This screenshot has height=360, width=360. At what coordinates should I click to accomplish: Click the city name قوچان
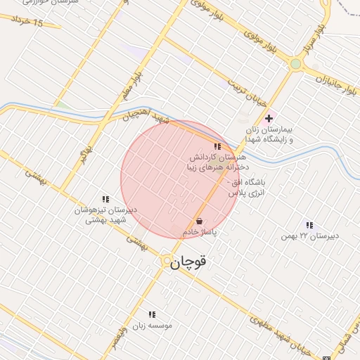pos(190,261)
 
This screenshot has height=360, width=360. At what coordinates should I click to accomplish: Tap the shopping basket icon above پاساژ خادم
pos(200,221)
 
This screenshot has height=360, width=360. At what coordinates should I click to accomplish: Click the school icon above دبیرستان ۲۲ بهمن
pos(309,225)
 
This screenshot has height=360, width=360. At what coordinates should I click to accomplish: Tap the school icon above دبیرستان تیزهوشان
pos(106,200)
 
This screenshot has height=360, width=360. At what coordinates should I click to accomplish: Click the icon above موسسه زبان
pos(151,314)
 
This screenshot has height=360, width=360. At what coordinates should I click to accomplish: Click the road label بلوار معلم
pos(138,85)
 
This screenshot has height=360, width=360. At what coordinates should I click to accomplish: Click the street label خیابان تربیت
pos(245,92)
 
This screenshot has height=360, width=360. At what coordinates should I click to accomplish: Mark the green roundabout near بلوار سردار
pos(296,64)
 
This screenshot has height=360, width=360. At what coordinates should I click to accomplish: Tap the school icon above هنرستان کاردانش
pos(217,146)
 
